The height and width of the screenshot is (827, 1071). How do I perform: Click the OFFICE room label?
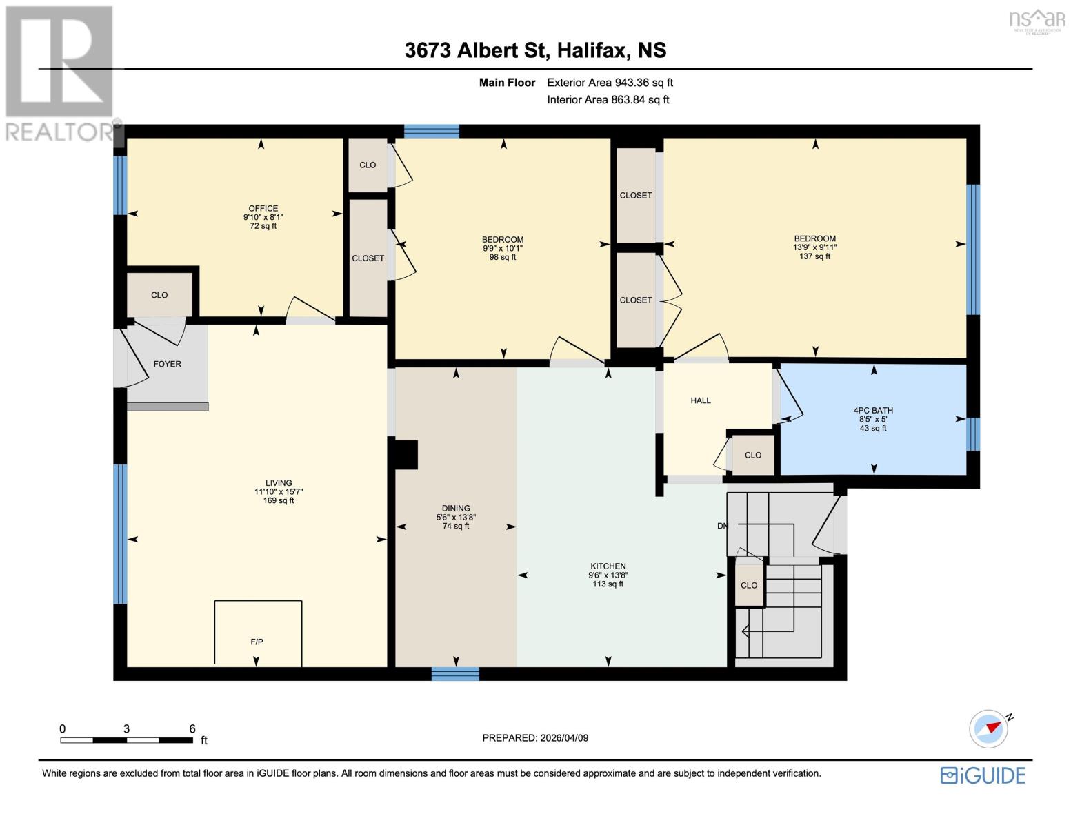click(x=263, y=208)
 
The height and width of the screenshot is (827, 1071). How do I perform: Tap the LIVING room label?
click(x=279, y=483)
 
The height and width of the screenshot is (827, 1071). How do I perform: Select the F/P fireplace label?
click(x=257, y=642)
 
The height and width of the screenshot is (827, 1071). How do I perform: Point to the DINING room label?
click(x=456, y=508)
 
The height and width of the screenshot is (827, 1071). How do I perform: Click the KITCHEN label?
click(x=608, y=566)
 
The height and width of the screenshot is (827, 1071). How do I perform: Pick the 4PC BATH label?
click(x=872, y=410)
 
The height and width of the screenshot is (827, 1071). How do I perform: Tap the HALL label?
click(x=700, y=400)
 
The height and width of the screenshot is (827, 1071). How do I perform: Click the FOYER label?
click(x=167, y=364)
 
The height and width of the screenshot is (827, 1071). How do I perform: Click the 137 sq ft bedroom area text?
click(x=814, y=256)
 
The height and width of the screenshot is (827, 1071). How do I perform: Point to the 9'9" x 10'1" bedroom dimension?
click(x=503, y=248)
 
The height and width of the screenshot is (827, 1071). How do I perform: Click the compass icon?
click(x=988, y=728)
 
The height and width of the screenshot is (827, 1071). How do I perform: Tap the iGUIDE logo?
click(x=983, y=775)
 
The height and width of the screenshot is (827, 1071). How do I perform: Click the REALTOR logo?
click(x=59, y=72)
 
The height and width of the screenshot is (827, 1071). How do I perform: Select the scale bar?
click(x=126, y=740)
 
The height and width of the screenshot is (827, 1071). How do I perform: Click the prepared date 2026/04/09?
click(x=535, y=737)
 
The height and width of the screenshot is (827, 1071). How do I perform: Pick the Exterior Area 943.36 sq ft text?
click(x=610, y=83)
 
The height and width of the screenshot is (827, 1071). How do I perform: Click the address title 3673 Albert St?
click(x=476, y=50)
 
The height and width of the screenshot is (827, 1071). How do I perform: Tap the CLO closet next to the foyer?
click(x=159, y=295)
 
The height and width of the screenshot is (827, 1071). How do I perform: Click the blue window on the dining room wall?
click(x=455, y=673)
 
